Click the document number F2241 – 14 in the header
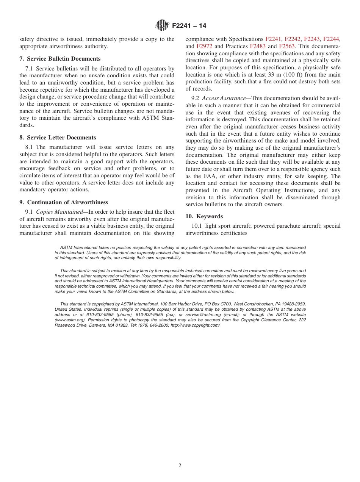point(189,26)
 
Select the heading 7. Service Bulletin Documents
point(60,59)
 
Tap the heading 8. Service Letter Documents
point(58,138)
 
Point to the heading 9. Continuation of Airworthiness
point(64,202)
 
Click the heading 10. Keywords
point(204,216)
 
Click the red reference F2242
point(292,39)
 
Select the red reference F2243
point(311,39)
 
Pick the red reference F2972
point(204,46)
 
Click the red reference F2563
point(286,46)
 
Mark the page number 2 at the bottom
point(180,466)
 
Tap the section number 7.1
point(29,69)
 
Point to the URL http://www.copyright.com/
point(195,325)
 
